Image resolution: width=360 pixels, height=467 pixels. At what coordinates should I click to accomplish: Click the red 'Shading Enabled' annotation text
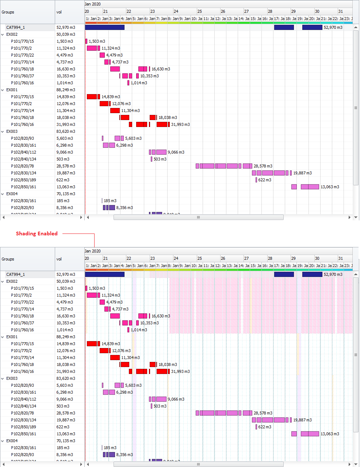pyautogui.click(x=37, y=233)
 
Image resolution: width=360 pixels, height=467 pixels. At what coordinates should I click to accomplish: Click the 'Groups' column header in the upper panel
pyautogui.click(x=8, y=12)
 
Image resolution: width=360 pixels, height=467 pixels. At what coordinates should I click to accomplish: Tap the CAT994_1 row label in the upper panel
pyautogui.click(x=15, y=27)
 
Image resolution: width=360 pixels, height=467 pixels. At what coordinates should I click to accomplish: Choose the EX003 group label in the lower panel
pyautogui.click(x=12, y=378)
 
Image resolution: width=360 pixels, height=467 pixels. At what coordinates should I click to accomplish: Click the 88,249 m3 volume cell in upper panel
pyautogui.click(x=66, y=90)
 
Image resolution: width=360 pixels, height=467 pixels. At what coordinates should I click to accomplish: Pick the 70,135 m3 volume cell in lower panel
pyautogui.click(x=66, y=441)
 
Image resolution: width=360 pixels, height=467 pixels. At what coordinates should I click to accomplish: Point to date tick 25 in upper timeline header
pyautogui.click(x=199, y=11)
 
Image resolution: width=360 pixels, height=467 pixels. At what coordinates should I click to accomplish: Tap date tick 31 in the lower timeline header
pyautogui.click(x=340, y=258)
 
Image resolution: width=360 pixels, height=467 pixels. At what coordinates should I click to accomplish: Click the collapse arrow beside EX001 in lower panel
pyautogui.click(x=3, y=337)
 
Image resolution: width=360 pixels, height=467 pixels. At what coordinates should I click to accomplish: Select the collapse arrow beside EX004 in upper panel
pyautogui.click(x=3, y=194)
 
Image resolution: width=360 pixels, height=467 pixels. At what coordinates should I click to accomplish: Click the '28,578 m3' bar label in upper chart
pyautogui.click(x=263, y=166)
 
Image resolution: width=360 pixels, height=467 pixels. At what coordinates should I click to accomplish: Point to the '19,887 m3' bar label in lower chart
pyautogui.click(x=302, y=420)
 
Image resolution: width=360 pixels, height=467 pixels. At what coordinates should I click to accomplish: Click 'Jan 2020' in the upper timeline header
pyautogui.click(x=93, y=4)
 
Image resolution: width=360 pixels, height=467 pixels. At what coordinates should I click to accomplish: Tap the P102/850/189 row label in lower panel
pyautogui.click(x=23, y=427)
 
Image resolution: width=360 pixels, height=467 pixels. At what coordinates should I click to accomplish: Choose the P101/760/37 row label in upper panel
pyautogui.click(x=22, y=76)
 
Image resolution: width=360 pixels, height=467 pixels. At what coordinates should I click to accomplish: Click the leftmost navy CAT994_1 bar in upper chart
pyautogui.click(x=104, y=27)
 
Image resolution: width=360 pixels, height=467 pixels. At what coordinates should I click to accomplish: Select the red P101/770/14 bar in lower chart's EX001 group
pyautogui.click(x=115, y=358)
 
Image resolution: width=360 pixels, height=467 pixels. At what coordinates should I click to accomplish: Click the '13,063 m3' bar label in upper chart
pyautogui.click(x=330, y=187)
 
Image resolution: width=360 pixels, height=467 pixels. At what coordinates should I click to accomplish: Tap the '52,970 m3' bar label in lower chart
pyautogui.click(x=333, y=274)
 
